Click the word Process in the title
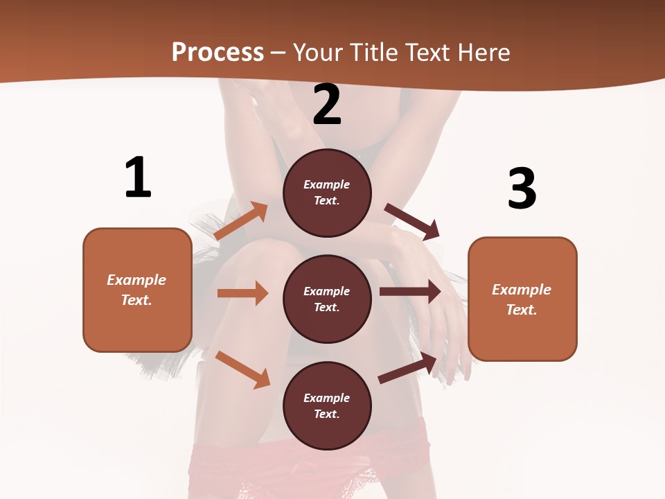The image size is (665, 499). click(x=218, y=53)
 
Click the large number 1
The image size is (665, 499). click(x=138, y=178)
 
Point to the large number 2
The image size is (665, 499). click(x=327, y=105)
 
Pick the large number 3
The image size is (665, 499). click(x=522, y=189)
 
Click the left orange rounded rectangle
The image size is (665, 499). click(x=137, y=290)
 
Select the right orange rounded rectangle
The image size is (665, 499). click(x=522, y=299)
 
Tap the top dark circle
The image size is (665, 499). click(x=327, y=193)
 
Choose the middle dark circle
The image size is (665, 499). click(x=327, y=299)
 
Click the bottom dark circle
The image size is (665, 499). click(x=327, y=405)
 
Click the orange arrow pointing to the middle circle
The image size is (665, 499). click(x=242, y=293)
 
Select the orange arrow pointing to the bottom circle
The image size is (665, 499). click(x=242, y=369)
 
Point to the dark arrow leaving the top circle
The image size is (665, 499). click(x=412, y=222)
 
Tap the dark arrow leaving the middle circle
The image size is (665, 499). click(x=410, y=292)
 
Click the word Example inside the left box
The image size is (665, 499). click(x=136, y=280)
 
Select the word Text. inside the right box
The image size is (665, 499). click(x=522, y=310)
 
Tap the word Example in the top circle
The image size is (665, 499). click(x=327, y=184)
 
